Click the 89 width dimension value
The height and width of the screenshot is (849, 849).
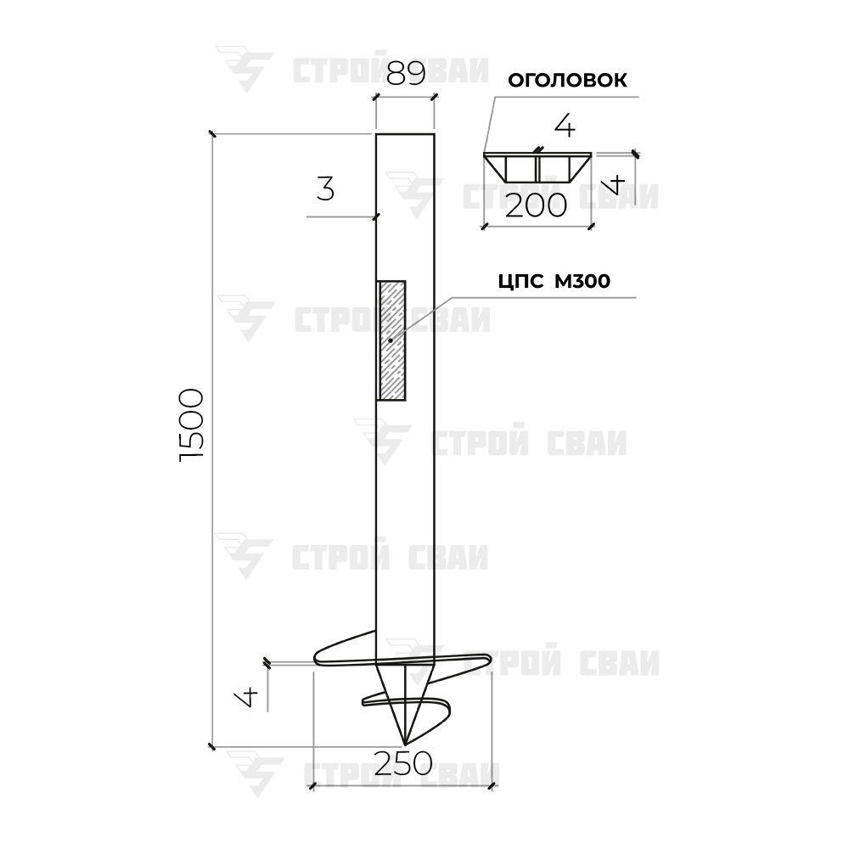pyautogui.click(x=406, y=73)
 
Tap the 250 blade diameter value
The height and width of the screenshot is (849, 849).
pyautogui.click(x=402, y=763)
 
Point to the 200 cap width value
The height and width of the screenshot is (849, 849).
pyautogui.click(x=536, y=205)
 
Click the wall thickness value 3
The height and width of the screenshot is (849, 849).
pyautogui.click(x=325, y=189)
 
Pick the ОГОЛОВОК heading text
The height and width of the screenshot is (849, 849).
pyautogui.click(x=567, y=80)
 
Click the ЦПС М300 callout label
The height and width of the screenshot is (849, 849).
pyautogui.click(x=554, y=282)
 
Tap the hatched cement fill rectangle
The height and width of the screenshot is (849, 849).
pyautogui.click(x=391, y=340)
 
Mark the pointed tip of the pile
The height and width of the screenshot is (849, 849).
pyautogui.click(x=404, y=744)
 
